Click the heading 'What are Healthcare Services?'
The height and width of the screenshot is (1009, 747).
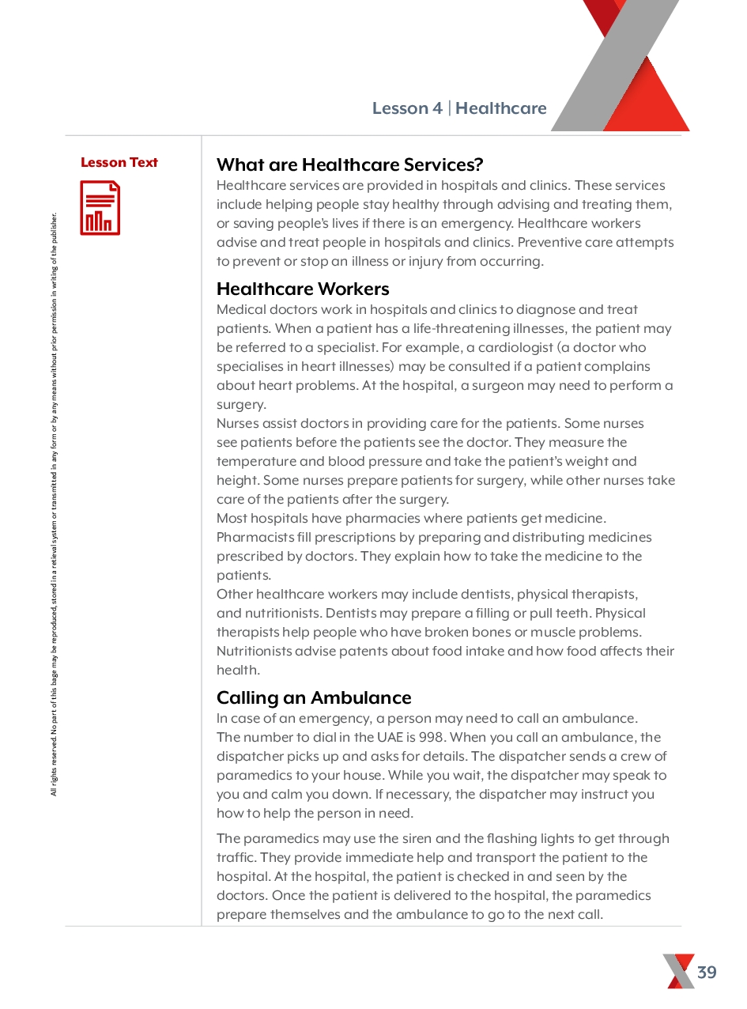coord(349,165)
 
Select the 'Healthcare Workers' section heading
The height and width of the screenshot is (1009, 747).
coord(303,289)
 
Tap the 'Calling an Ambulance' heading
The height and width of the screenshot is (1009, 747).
coord(314,698)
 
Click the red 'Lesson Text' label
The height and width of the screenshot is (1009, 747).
coord(119,163)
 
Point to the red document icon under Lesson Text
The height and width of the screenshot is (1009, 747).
coord(100,208)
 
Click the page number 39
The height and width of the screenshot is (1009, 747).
coord(707,973)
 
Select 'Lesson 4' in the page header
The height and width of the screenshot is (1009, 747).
coord(407,108)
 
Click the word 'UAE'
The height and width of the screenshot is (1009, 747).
coord(387,738)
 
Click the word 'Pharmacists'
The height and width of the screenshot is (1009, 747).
coord(254,538)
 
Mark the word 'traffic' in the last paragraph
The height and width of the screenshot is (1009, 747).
coord(236,858)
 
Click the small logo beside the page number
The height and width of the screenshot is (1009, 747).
coord(678,972)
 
